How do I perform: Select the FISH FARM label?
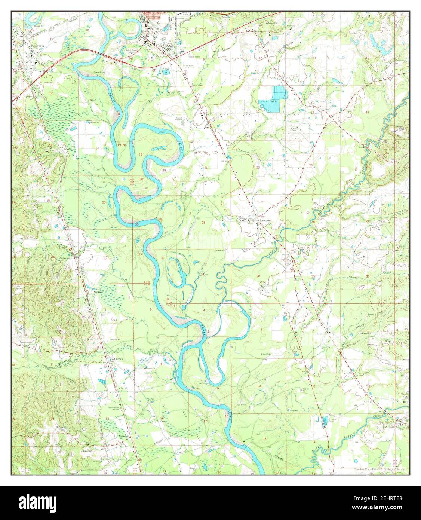(266, 101)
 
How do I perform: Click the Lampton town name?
(264, 221)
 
